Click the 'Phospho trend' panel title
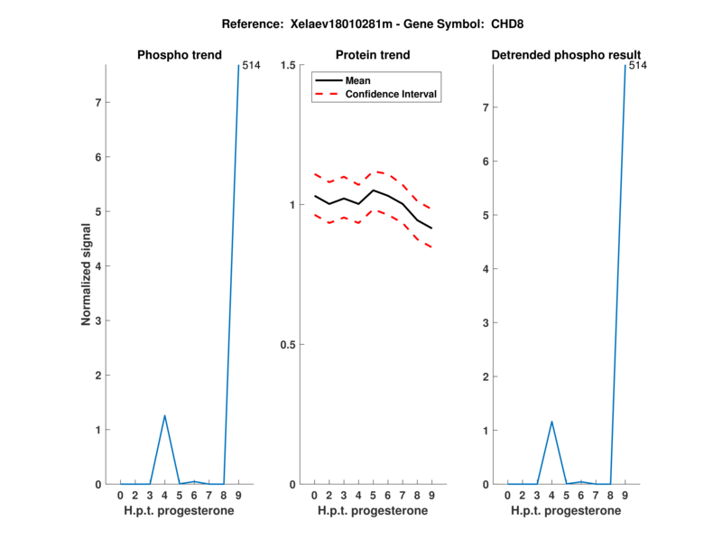click(x=179, y=55)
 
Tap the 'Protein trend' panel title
click(x=373, y=55)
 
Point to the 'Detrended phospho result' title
click(x=566, y=55)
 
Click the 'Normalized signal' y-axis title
click(x=87, y=274)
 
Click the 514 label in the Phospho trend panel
click(x=251, y=65)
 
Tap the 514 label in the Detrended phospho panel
click(x=637, y=65)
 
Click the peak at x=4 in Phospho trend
click(x=164, y=415)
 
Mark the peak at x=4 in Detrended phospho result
click(x=551, y=421)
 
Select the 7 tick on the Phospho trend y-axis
click(x=100, y=103)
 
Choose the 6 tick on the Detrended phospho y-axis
click(x=487, y=162)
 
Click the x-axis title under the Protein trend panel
click(x=373, y=510)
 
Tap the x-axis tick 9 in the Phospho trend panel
click(x=238, y=495)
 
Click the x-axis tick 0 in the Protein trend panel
click(x=314, y=495)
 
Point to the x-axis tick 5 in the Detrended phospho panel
click(x=566, y=495)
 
